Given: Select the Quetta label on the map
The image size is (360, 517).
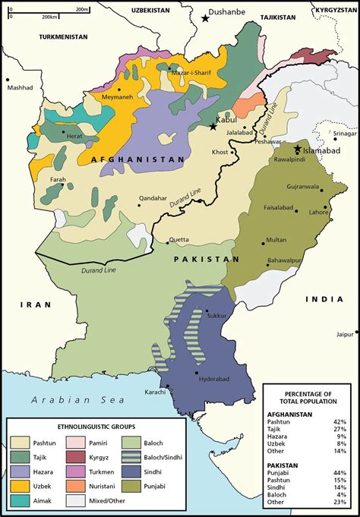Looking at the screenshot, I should tap(179, 239).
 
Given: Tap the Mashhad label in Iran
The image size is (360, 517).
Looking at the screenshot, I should tap(21, 87).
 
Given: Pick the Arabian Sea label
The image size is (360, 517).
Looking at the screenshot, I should tap(68, 400).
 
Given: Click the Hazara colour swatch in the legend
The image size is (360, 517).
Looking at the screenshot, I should tap(20, 471).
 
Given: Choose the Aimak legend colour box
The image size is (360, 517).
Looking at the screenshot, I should tap(20, 502).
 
